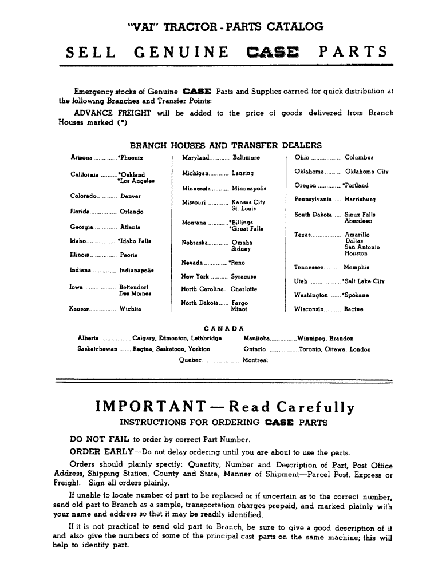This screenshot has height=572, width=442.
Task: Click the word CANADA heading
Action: (220, 328)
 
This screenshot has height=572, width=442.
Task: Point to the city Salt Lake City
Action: (363, 281)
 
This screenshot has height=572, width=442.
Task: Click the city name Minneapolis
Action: (248, 188)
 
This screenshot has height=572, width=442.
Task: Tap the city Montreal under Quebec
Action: (255, 360)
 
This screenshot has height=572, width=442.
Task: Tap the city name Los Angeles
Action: (134, 181)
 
